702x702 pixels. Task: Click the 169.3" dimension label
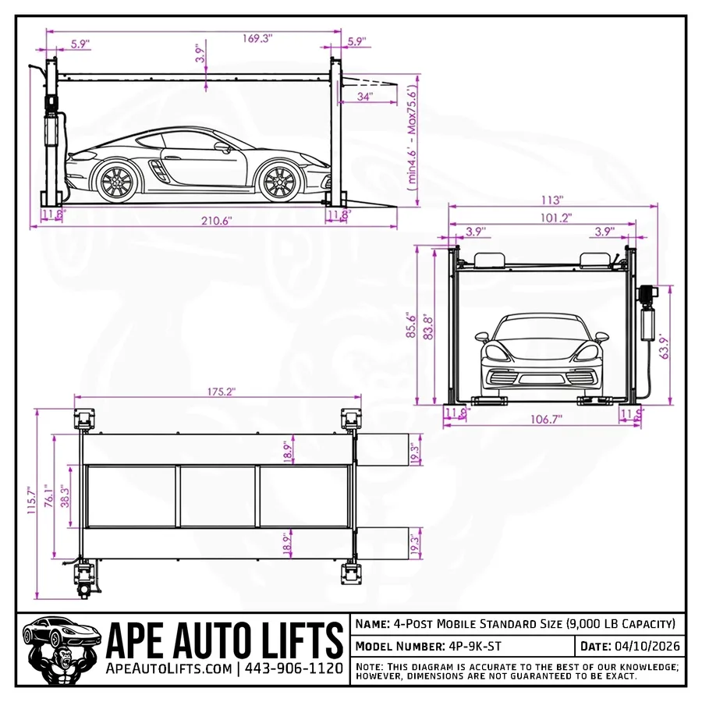(257, 37)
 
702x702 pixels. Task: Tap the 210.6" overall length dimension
(216, 221)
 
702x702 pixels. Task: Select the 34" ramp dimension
(364, 96)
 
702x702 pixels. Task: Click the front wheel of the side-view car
(278, 181)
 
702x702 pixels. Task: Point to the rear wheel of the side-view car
(116, 181)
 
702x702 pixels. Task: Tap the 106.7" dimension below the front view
(546, 419)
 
